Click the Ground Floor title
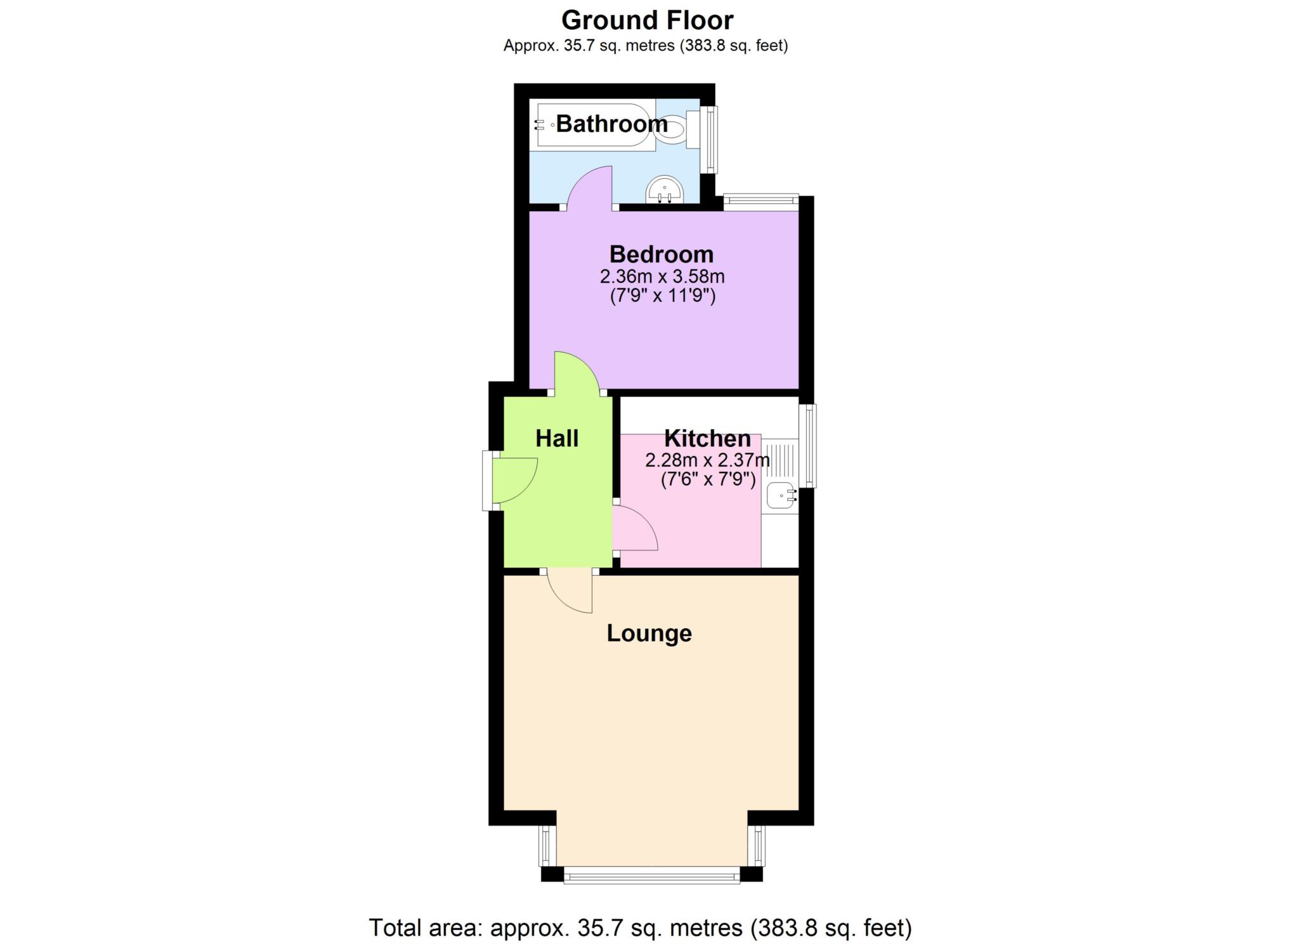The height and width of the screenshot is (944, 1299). tap(647, 20)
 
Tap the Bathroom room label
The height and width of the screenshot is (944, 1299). tap(612, 124)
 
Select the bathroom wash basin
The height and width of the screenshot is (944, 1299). tap(664, 190)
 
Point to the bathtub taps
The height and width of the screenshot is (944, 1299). tap(539, 125)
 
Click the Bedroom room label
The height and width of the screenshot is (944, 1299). tap(662, 254)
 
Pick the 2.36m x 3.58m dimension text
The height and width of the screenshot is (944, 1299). tap(662, 276)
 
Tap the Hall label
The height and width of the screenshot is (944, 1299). tap(557, 438)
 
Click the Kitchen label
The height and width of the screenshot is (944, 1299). tap(707, 438)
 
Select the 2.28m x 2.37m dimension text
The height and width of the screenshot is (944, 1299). tap(707, 460)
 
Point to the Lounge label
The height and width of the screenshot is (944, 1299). tap(649, 633)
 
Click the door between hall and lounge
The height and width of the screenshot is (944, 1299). tap(570, 590)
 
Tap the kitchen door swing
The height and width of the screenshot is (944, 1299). tap(635, 527)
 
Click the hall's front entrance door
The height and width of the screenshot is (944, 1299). tap(515, 480)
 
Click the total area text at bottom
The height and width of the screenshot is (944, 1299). tap(641, 928)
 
